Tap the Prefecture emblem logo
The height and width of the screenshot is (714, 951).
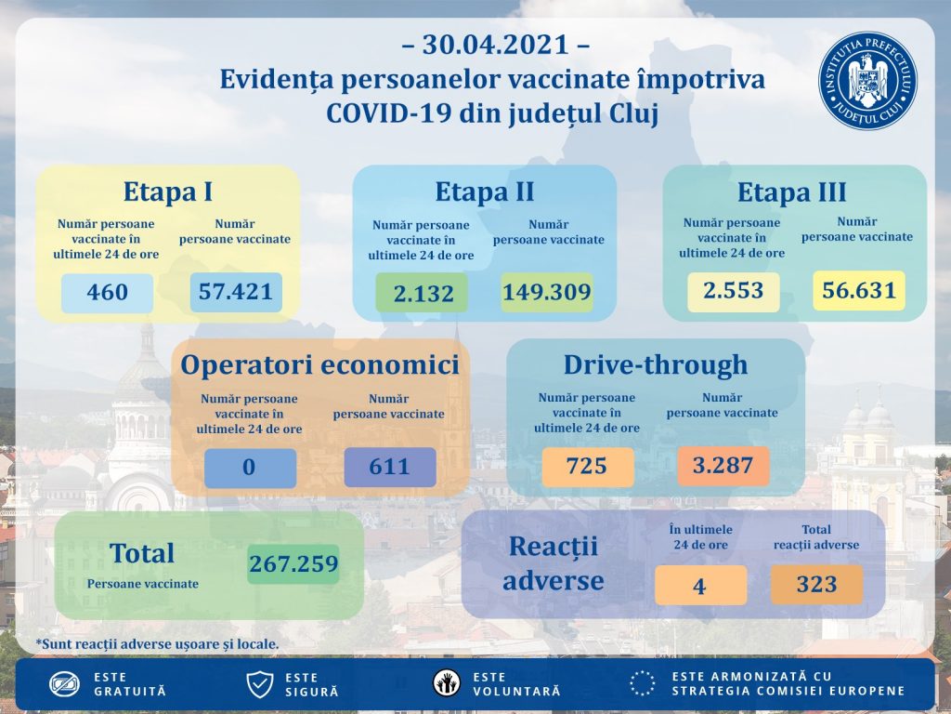(x=866, y=81)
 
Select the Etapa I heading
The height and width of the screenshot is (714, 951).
(x=168, y=192)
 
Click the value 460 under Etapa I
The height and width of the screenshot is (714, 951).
(x=107, y=293)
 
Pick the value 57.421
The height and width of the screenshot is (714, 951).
(x=236, y=292)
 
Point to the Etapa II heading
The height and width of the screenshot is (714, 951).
(x=485, y=192)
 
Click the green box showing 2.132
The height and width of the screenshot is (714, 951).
(x=423, y=294)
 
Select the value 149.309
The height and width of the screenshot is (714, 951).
(x=546, y=293)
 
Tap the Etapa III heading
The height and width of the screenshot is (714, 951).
(x=792, y=192)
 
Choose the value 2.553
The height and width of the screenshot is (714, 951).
(x=733, y=291)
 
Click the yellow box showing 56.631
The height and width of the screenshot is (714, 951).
(x=858, y=291)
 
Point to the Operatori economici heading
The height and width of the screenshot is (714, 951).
(x=319, y=364)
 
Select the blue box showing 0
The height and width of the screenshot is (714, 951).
(x=249, y=468)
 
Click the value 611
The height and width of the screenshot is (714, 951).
(x=389, y=468)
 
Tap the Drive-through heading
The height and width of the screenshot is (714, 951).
(x=655, y=364)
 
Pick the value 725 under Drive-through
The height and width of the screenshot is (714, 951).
(x=586, y=466)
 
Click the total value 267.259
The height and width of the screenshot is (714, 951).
(x=293, y=563)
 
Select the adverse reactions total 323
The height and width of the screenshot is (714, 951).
(x=816, y=585)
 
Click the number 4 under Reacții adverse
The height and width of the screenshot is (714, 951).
(x=700, y=586)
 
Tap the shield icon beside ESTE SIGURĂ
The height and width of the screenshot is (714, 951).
(x=259, y=685)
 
